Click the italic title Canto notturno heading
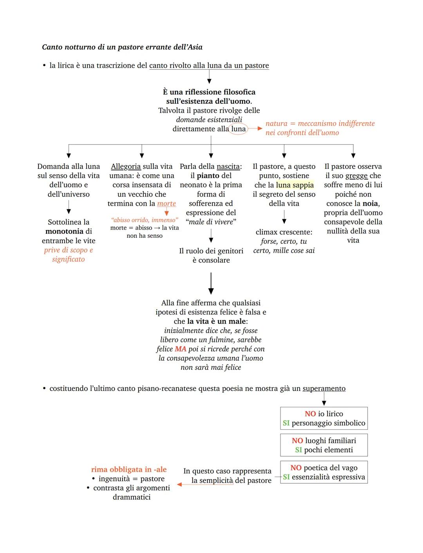click(x=122, y=47)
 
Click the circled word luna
click(x=238, y=129)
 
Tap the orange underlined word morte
click(x=166, y=204)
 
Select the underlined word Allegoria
click(x=126, y=166)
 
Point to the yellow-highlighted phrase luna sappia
click(x=295, y=185)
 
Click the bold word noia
click(x=370, y=204)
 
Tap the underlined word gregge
click(x=356, y=176)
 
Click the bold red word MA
click(x=181, y=349)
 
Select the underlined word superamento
click(x=324, y=389)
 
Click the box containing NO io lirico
click(x=324, y=418)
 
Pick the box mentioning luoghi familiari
click(x=324, y=445)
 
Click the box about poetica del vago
click(x=324, y=472)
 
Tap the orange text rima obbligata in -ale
click(x=129, y=470)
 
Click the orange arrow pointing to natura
click(x=255, y=128)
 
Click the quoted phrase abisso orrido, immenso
click(x=145, y=220)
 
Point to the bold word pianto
click(x=208, y=176)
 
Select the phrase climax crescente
click(x=284, y=232)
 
